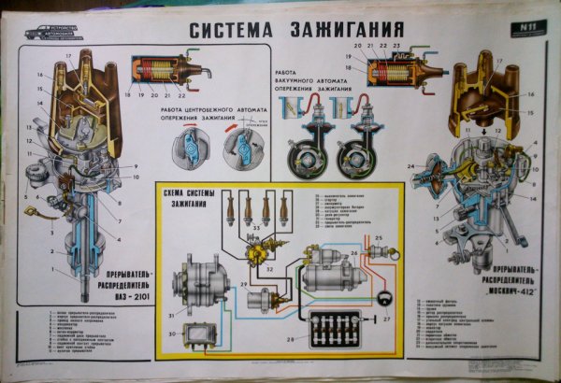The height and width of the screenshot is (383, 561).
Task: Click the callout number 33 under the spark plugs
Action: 257,228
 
